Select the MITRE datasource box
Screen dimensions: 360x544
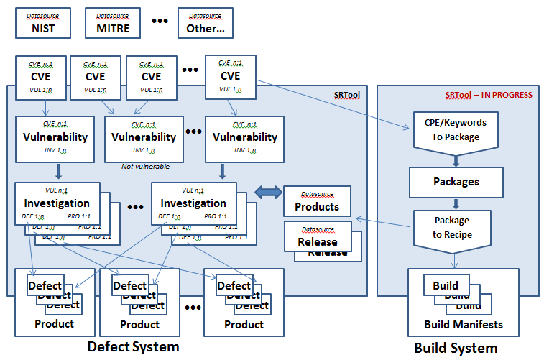112,22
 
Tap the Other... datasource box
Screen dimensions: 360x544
205,22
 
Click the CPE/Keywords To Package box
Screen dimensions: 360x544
455,130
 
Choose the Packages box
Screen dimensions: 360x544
455,183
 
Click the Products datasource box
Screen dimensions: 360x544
317,201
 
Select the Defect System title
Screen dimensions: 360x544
132,346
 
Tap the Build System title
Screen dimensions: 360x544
455,348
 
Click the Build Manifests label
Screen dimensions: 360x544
464,324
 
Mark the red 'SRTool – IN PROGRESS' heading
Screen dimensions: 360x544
489,94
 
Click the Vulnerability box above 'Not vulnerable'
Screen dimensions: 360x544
144,138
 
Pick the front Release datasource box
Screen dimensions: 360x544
317,236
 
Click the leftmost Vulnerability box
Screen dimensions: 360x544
55,138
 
